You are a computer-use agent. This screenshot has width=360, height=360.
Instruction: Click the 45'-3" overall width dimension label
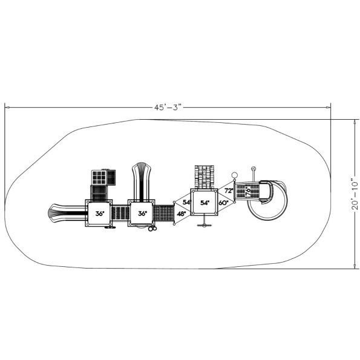[168, 108]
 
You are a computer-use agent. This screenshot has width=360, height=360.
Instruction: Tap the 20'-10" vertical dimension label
[355, 194]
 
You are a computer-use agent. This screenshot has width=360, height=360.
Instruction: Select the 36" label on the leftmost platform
[100, 214]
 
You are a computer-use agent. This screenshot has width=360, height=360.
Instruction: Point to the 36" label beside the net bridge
[142, 214]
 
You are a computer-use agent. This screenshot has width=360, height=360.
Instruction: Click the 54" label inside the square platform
[205, 203]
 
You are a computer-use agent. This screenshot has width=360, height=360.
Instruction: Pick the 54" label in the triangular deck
[187, 202]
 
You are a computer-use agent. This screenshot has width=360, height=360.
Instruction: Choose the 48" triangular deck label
[181, 214]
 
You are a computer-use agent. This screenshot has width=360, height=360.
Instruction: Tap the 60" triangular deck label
[223, 203]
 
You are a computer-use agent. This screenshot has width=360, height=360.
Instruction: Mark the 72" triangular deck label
[229, 191]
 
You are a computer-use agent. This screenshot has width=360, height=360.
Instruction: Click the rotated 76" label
[247, 191]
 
